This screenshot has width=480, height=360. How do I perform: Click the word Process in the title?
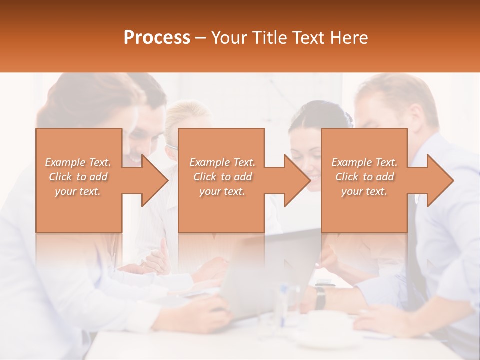(x=157, y=38)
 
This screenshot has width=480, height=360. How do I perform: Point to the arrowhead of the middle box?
(x=297, y=180)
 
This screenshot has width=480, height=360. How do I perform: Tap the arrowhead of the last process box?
(x=440, y=180)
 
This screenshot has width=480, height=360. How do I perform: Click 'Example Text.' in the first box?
(x=78, y=162)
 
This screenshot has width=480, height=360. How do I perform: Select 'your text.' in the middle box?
(x=222, y=191)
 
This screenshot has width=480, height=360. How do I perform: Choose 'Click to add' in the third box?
(x=364, y=177)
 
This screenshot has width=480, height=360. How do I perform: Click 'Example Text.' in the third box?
(x=364, y=162)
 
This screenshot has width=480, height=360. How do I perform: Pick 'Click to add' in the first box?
(x=78, y=177)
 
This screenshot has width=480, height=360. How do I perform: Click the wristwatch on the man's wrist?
(x=320, y=297)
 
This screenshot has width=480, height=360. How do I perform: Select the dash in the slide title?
(x=201, y=38)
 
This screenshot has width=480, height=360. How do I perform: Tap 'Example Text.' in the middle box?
(x=222, y=162)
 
